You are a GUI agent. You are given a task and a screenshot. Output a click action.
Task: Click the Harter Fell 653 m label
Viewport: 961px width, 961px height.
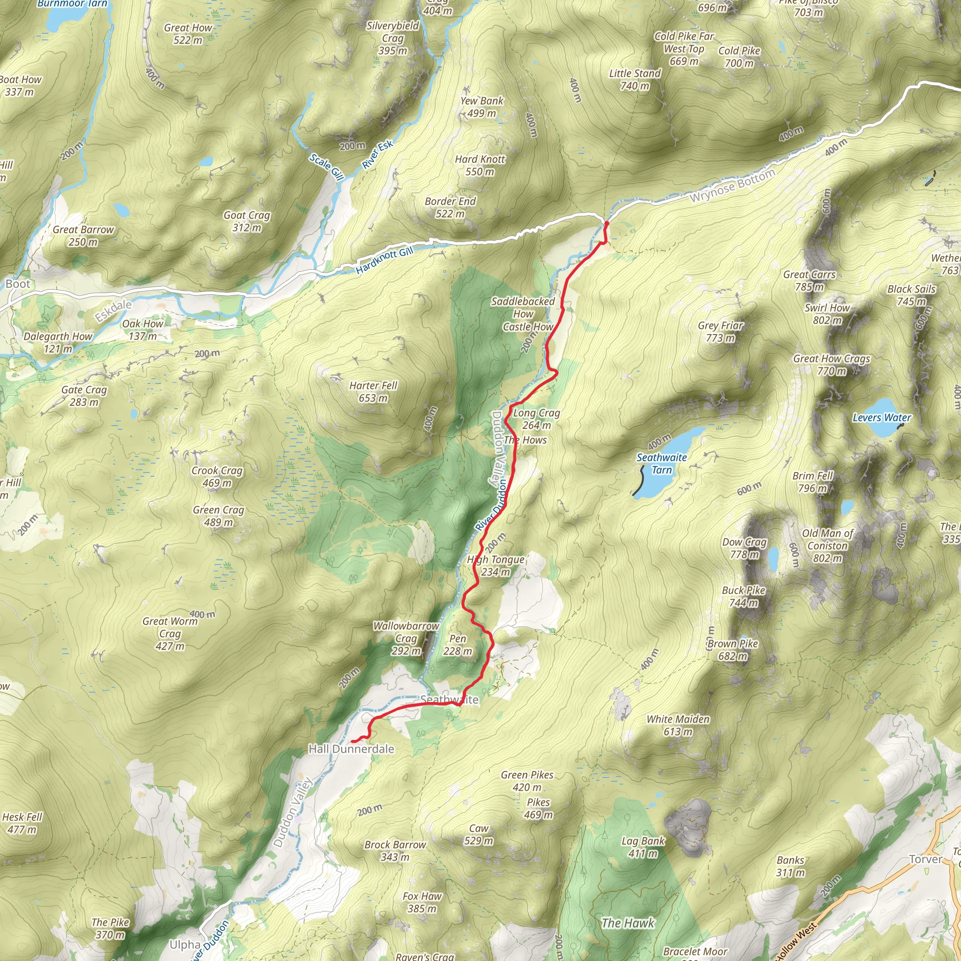click(373, 391)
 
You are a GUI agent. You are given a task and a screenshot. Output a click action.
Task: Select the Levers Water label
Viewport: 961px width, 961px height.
click(882, 418)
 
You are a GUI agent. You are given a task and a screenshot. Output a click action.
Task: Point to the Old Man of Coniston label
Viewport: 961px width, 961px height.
click(827, 546)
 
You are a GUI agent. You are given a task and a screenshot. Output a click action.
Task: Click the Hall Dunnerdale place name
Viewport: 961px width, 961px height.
click(351, 748)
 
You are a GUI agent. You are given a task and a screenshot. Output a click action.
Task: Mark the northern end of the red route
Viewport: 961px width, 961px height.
click(606, 224)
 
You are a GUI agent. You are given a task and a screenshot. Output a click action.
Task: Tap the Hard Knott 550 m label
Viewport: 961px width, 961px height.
click(480, 165)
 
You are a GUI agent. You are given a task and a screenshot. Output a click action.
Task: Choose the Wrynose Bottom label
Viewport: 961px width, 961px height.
click(732, 185)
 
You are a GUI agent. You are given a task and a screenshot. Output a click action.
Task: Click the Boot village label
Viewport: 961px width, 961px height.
click(18, 284)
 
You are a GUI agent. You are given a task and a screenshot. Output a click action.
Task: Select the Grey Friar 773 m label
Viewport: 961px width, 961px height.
click(720, 331)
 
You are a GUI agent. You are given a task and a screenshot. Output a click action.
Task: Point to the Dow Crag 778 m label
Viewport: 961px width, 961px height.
click(744, 548)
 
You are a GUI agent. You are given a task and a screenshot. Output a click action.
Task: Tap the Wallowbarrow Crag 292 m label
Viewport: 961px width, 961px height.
click(406, 638)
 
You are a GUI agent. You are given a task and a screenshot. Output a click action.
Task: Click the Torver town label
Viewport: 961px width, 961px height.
click(925, 859)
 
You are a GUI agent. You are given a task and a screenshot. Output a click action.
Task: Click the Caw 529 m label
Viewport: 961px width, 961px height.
click(479, 834)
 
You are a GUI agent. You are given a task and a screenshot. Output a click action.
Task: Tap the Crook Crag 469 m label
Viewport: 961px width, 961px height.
click(217, 477)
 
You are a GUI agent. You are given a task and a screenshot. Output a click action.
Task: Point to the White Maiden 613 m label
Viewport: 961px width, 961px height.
click(678, 725)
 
